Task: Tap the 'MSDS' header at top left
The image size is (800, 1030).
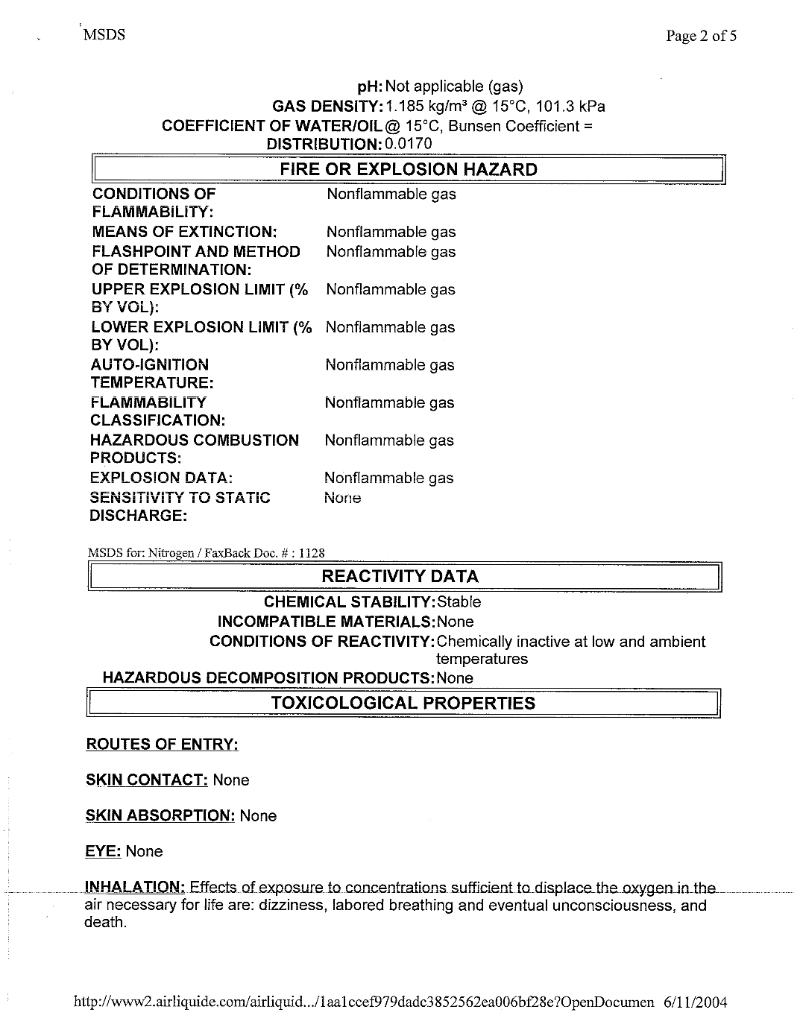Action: point(103,35)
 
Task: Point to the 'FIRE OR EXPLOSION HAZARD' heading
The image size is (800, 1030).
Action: point(408,170)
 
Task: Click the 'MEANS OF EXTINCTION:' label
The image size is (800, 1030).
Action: point(184,233)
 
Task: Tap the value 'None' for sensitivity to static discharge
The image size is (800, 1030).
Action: point(342,498)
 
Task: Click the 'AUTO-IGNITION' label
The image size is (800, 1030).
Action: point(150,365)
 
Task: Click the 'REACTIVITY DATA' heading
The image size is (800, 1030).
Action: point(400,577)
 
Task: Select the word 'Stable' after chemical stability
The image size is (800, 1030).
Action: point(459,602)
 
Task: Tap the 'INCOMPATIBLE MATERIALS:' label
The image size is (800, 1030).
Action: point(326,622)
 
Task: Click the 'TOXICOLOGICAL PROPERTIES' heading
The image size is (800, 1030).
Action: point(403,704)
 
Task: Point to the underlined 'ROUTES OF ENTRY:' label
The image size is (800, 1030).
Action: point(162,745)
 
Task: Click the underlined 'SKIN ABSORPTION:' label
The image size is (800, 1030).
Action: point(160,816)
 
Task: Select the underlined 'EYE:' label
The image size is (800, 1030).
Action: point(103,852)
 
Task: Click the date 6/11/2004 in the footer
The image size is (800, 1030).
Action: point(694,1002)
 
